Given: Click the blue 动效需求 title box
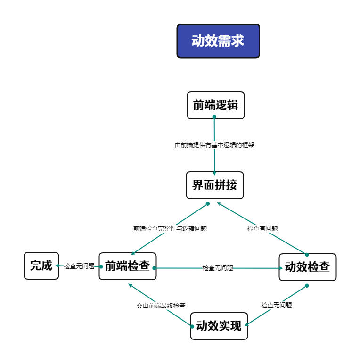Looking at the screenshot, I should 218,41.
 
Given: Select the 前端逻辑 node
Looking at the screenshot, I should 215,105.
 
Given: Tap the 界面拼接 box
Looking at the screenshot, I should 215,185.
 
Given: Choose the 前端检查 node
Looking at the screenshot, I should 127,266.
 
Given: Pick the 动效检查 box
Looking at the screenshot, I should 307,267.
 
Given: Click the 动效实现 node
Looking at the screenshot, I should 219,326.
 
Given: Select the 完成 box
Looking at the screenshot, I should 41,266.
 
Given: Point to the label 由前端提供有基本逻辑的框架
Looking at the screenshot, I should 214,145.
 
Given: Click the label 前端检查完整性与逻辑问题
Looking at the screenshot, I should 170,228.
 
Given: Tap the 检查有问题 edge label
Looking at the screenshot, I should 262,228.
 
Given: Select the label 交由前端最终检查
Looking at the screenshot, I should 161,306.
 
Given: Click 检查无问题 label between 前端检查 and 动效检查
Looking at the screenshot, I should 218,268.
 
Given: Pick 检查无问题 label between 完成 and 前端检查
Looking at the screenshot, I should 79,266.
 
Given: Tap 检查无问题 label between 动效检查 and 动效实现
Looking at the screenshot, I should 277,305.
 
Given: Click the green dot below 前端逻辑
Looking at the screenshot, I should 214,117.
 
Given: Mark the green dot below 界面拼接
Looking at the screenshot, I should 208,204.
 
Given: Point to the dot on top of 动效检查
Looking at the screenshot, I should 307,255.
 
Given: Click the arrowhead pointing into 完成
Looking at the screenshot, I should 57,266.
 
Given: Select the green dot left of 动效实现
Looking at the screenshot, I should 192,327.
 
